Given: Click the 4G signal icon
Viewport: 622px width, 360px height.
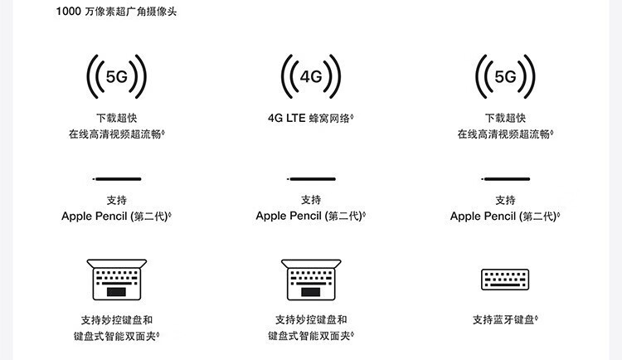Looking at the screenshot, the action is [311, 77].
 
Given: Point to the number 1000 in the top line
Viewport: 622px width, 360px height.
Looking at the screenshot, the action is [68, 12].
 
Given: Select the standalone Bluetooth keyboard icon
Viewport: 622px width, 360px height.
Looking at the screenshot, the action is [505, 280].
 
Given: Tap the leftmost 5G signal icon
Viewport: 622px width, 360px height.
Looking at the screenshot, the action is [117, 77].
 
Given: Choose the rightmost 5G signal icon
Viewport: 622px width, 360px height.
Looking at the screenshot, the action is [505, 77].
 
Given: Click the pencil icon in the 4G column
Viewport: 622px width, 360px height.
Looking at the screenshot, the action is [311, 178].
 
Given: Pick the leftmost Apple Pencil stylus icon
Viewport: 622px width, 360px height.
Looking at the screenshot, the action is [117, 178].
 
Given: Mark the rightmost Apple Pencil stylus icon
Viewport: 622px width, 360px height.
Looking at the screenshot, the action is [505, 178].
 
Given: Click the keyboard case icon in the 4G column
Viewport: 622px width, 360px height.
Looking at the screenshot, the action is [311, 280].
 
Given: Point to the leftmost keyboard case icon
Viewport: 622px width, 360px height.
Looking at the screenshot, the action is [117, 280].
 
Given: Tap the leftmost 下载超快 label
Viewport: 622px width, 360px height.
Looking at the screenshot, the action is [117, 118].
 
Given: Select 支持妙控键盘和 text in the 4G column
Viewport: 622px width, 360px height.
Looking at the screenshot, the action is [311, 319].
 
